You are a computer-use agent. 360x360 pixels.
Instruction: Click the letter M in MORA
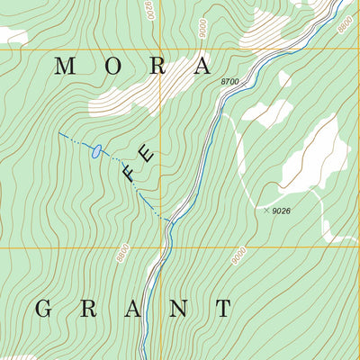coord(65,66)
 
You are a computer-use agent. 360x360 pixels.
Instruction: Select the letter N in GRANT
coord(178,309)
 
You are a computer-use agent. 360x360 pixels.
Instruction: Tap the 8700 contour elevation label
coord(230,82)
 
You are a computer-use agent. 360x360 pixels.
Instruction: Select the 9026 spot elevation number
coord(282,211)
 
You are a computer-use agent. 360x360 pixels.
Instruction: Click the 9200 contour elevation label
coord(150,9)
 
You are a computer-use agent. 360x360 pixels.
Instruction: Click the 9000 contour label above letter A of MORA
coord(204,27)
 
